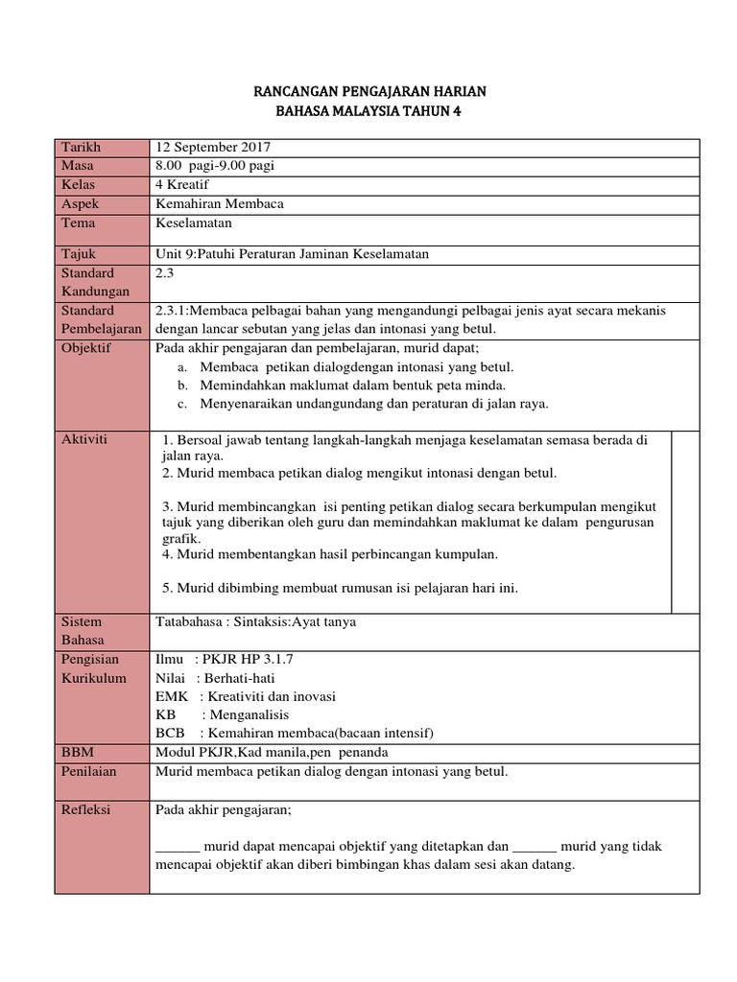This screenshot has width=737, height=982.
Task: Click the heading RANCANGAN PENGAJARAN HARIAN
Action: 369,91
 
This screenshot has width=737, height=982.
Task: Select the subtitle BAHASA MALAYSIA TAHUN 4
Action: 369,111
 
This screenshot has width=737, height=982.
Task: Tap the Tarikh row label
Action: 81,147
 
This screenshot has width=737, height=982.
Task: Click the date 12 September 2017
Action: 213,147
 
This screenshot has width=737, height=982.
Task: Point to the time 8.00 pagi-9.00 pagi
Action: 214,166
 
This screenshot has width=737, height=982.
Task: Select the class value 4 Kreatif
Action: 181,184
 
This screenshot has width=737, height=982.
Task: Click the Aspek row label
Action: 80,203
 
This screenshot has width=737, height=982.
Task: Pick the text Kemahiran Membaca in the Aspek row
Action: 219,203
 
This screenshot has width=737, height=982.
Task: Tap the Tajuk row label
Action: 79,253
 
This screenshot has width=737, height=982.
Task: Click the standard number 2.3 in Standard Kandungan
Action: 164,273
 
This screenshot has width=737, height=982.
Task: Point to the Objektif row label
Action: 86,347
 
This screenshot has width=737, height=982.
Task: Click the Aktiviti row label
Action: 83,438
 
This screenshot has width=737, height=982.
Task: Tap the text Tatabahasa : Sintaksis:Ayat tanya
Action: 255,621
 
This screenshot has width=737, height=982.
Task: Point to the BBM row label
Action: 76,752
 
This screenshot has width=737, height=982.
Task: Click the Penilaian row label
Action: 87,770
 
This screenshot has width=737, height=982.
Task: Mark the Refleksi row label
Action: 85,809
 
